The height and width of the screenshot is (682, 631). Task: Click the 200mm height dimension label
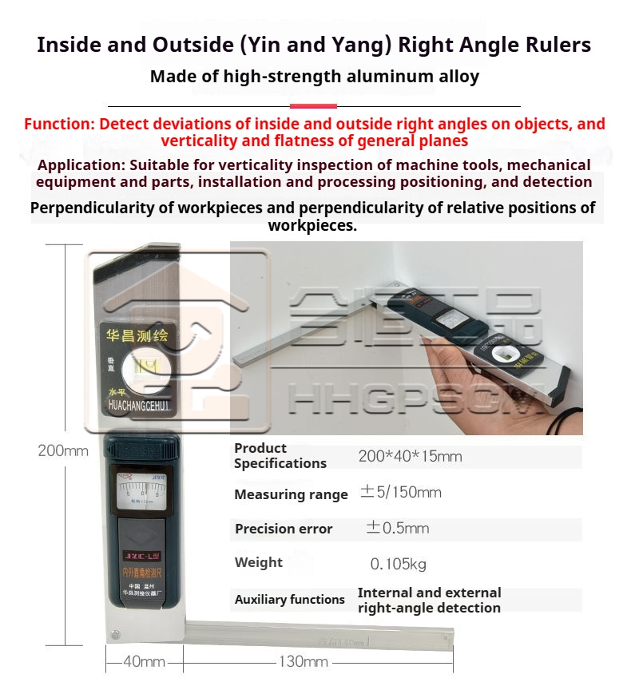63,450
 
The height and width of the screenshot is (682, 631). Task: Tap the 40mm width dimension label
145,661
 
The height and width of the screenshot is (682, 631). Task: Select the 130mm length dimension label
304,661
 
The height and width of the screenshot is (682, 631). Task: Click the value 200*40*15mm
410,457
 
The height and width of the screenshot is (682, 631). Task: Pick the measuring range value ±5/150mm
400,493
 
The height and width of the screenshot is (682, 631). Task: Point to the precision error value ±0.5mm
397,528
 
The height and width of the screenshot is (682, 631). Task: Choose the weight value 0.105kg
398,564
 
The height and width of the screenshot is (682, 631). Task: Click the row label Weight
258,562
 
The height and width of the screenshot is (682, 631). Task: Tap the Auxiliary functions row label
289,599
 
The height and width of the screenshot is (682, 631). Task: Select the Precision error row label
284,529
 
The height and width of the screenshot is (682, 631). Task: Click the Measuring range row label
291,494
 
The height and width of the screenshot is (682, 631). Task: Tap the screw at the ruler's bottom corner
114,635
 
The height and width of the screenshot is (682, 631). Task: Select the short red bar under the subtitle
313,105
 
